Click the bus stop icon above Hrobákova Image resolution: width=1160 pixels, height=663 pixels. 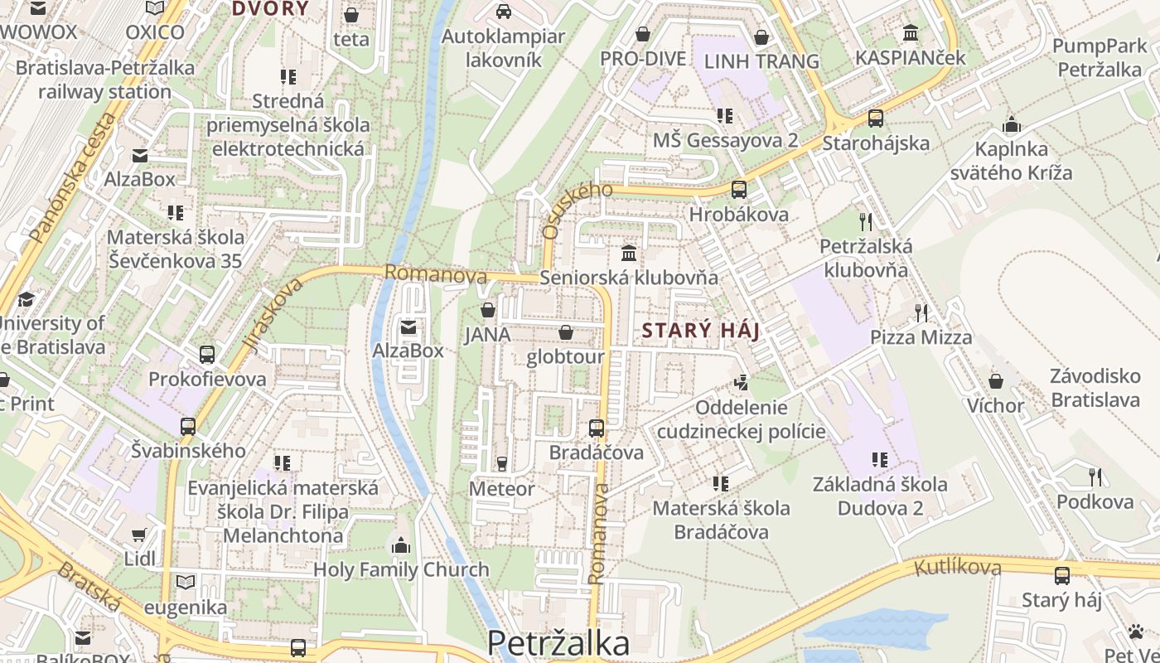739,189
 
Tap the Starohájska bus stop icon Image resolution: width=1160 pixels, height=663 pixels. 876,119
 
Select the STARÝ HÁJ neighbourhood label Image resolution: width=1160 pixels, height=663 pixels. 701,331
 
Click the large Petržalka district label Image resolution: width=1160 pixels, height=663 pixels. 558,643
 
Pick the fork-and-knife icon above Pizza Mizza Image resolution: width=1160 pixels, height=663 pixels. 921,312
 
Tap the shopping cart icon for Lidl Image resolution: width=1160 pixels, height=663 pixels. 139,535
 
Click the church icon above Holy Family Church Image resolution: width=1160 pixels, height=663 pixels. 401,545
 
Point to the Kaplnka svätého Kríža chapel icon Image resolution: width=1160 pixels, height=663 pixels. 1011,125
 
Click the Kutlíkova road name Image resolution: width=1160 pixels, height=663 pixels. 958,568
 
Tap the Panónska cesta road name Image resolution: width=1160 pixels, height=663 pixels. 72,177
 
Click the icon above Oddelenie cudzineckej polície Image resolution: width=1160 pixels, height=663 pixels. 741,383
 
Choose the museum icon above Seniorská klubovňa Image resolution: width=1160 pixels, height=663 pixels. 629,252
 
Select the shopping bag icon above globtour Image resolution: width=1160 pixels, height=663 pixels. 566,332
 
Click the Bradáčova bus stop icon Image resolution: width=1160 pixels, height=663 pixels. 597,428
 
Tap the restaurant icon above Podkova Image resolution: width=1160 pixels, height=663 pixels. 1095,477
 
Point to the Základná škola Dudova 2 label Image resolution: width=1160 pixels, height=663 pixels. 880,496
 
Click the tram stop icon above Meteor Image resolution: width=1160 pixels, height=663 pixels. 501,463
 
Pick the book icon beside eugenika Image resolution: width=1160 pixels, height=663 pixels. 186,583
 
